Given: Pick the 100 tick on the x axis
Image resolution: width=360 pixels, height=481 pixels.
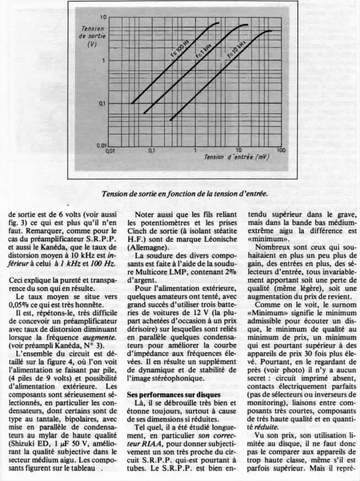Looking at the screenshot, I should point(281,150).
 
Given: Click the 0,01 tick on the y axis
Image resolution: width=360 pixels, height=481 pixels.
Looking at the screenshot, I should point(101,145).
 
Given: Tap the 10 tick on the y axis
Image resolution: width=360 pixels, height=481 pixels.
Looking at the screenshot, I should point(103,18).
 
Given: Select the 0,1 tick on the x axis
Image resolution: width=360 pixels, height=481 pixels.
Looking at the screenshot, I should point(153,150).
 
